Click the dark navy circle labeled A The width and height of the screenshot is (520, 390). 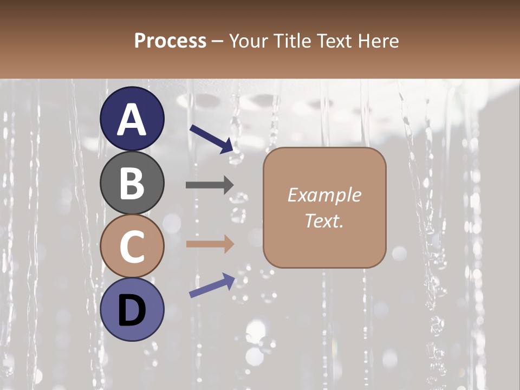pos(132,119)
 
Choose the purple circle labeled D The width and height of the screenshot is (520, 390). pos(132,309)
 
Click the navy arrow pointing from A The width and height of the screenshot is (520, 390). pos(212,139)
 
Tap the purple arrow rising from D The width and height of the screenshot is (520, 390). pos(212,285)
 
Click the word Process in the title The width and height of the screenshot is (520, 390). pos(170,41)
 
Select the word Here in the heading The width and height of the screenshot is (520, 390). pos(378,41)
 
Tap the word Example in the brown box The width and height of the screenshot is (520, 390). pos(324,195)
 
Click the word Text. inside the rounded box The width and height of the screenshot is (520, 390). pos(324,220)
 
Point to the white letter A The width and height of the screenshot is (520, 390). pos(132,120)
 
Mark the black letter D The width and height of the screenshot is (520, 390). pos(132,310)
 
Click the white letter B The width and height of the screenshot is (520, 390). pos(132,183)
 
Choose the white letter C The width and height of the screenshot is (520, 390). pos(132,246)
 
